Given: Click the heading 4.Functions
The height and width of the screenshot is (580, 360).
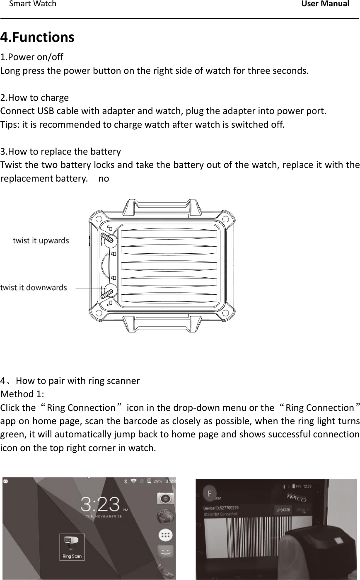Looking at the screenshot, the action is coord(37,37).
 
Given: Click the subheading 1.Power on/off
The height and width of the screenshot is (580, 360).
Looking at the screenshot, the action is coord(32,56).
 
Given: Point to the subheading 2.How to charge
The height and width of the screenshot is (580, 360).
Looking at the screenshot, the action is coord(35,98).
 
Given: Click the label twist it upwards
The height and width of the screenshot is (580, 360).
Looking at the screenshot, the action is coord(41,240).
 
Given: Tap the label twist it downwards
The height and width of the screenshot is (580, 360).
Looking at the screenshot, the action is coord(34,287).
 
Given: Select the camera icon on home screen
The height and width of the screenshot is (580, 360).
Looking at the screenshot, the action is coord(164,499).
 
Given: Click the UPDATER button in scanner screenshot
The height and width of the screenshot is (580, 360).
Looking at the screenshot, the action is coord(283,510).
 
